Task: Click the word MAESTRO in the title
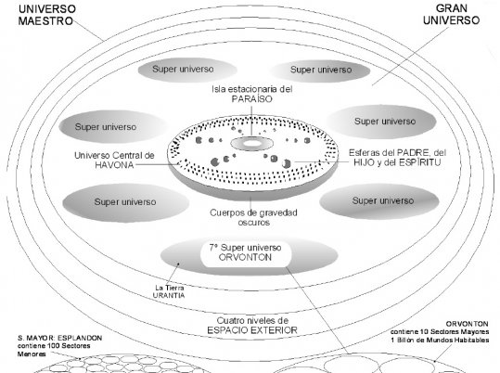[x=45, y=21]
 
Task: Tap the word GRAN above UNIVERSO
[x=451, y=8]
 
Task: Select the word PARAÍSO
[x=252, y=99]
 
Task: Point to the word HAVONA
[x=114, y=165]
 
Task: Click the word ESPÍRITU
[x=420, y=162]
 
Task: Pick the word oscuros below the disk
[x=254, y=223]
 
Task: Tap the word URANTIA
[x=169, y=295]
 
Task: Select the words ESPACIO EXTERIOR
[x=252, y=330]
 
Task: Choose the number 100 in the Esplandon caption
[x=54, y=346]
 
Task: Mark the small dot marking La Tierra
[x=178, y=264]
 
